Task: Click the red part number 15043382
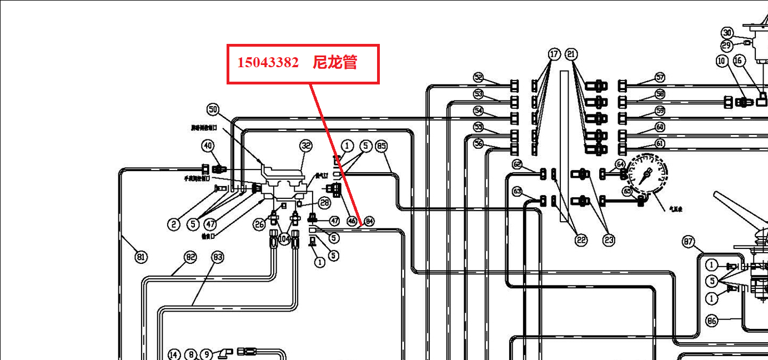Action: click(x=268, y=62)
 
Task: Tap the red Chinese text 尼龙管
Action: click(x=334, y=62)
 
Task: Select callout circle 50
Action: click(x=213, y=109)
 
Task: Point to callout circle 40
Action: click(x=208, y=146)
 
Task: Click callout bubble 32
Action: click(x=306, y=146)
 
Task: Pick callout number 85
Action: click(x=381, y=146)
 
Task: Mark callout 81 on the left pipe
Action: click(x=141, y=257)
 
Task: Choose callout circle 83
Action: click(x=218, y=257)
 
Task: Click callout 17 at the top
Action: click(x=554, y=54)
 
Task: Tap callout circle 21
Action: click(x=571, y=54)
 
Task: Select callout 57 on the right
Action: click(x=660, y=77)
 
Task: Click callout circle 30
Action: click(x=727, y=33)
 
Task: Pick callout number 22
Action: click(x=581, y=240)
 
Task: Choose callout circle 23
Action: click(x=609, y=240)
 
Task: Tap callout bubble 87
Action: click(x=689, y=242)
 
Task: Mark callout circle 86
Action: click(x=712, y=321)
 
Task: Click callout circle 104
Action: click(x=284, y=239)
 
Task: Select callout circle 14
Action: click(x=174, y=354)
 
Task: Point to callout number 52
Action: click(x=479, y=77)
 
